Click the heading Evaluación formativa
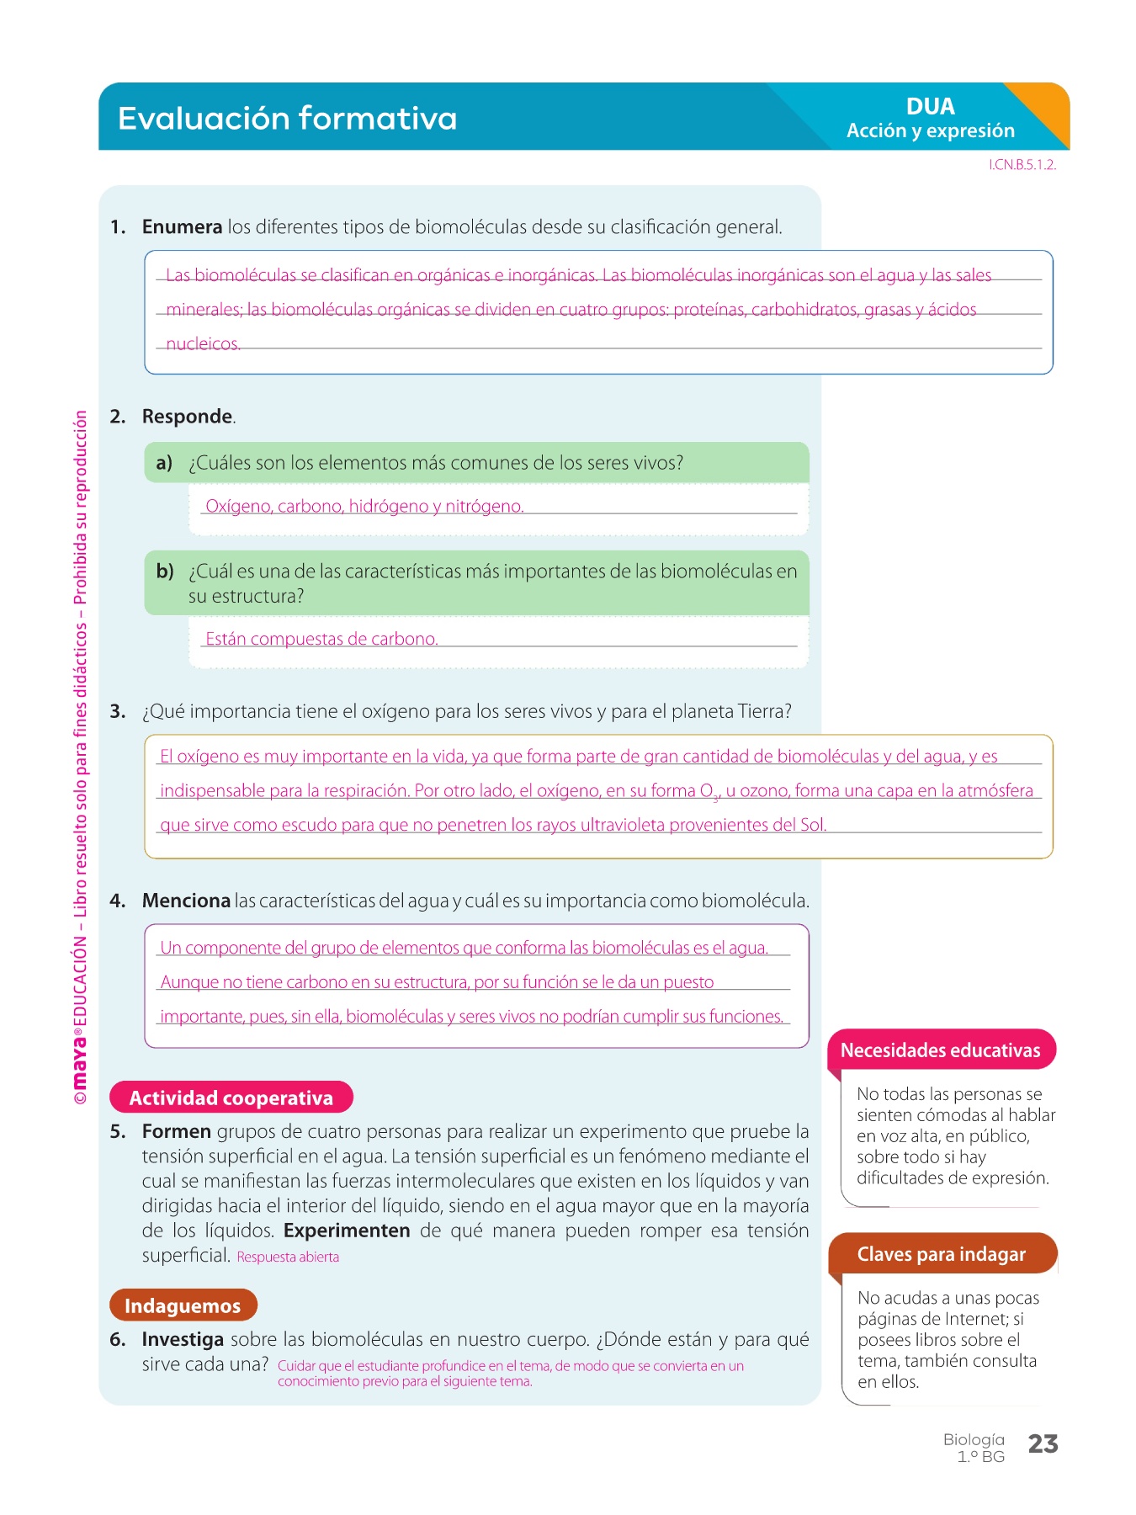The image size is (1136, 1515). tap(287, 119)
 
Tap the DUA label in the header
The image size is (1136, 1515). tap(930, 107)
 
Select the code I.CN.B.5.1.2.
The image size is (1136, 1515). tap(1022, 165)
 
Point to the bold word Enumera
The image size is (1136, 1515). tap(182, 227)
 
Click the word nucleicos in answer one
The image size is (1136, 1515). tap(203, 344)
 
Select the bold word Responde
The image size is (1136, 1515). tap(188, 417)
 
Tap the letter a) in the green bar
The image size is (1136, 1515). tap(164, 463)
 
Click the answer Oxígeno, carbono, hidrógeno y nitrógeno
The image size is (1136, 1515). tap(364, 507)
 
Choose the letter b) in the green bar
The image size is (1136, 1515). tap(165, 571)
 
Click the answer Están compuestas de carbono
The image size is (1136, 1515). tap(321, 640)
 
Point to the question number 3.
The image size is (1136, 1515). tap(118, 712)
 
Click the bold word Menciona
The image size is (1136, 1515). tap(186, 901)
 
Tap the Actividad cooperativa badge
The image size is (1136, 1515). tap(231, 1098)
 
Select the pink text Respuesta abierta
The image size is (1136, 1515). tap(288, 1257)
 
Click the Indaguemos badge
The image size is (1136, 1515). tap(183, 1305)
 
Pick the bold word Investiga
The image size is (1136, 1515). tap(183, 1340)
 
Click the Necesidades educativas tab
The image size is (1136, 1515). tap(940, 1050)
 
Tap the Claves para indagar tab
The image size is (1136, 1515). tap(941, 1254)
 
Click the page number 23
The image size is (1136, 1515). tap(1043, 1444)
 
